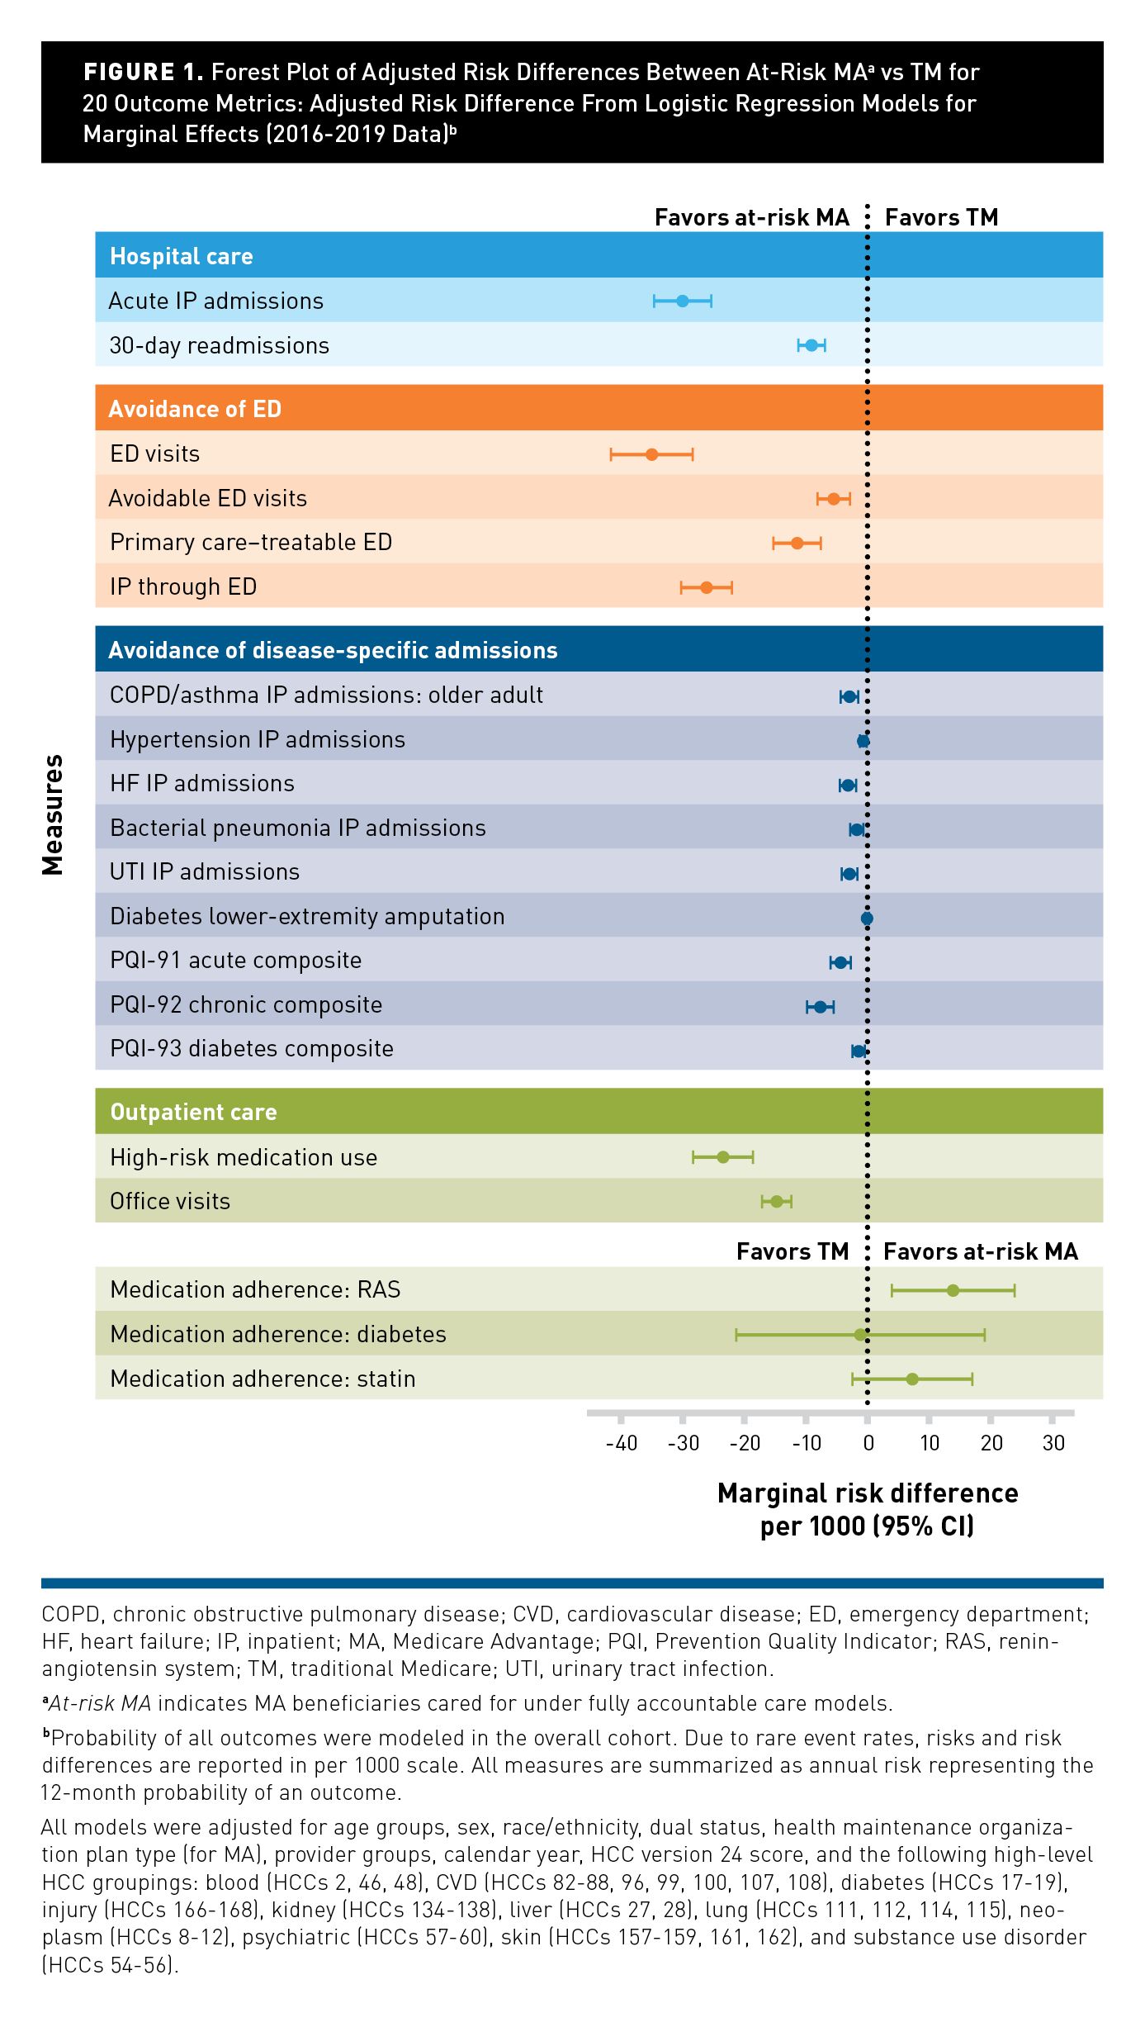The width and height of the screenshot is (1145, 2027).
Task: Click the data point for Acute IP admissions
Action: coord(683,301)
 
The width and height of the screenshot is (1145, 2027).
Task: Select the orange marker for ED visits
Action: coord(651,454)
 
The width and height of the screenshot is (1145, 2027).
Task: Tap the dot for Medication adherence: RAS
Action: coord(953,1290)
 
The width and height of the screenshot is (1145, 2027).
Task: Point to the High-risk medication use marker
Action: coord(723,1157)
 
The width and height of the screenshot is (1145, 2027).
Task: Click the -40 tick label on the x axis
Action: coord(621,1443)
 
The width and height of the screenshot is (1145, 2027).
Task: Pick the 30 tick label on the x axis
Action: coord(1053,1443)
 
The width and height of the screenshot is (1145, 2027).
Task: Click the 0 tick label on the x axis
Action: coord(868,1443)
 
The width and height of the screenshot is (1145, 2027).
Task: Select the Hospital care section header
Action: coord(182,256)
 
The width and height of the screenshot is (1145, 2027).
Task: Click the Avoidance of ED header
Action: coord(195,409)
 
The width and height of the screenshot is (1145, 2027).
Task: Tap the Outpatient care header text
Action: coord(193,1112)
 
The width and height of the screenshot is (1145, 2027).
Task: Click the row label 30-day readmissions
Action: coord(219,345)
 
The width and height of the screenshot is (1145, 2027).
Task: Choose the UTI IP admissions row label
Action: coord(205,871)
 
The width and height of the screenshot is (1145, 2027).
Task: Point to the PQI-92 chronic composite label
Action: coord(246,1004)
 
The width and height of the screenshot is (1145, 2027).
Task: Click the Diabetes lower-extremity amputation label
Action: coord(307,916)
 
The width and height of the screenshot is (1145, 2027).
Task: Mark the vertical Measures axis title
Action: coord(53,814)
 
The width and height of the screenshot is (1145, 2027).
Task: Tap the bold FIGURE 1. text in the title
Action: coord(143,73)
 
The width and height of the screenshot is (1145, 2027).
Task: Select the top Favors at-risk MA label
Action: coord(751,217)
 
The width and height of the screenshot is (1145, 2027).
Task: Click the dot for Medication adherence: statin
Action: coord(912,1379)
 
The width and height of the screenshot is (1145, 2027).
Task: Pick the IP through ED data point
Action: coord(707,587)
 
